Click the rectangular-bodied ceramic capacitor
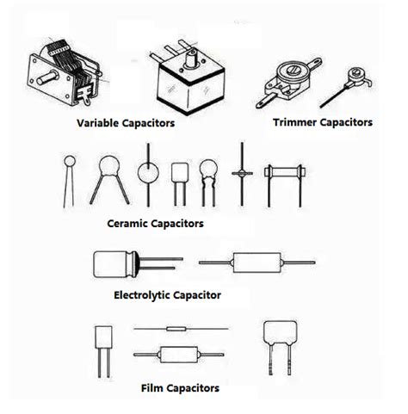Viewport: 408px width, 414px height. pos(180,174)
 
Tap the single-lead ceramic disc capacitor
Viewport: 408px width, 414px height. pos(69,159)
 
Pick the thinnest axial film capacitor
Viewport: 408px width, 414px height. pos(177,329)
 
